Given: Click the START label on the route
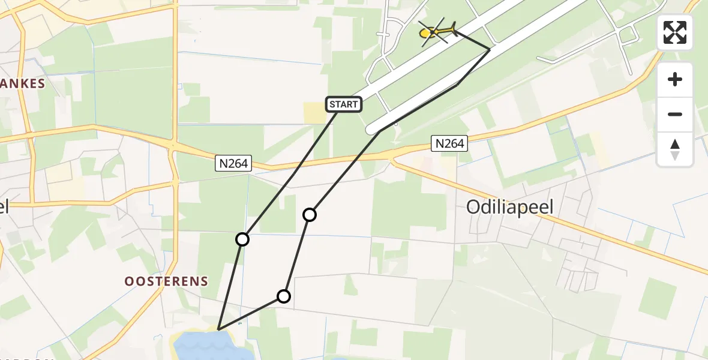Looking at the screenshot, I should [343, 104].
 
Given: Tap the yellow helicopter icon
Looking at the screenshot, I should [436, 31].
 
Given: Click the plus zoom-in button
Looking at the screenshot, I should [675, 79].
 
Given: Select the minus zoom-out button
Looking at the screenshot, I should [675, 114].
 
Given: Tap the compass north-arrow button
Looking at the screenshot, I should [675, 149].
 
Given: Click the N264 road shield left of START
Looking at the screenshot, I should [233, 163].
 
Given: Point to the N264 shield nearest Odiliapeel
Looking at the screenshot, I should [449, 143].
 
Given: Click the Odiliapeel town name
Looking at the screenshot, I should [509, 207].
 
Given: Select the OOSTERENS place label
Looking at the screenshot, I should [166, 281].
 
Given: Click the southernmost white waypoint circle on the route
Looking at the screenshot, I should [284, 296].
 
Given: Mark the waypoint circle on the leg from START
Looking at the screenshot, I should [242, 239].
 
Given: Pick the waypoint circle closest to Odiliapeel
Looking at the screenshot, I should [309, 214].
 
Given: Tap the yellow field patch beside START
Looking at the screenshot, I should [314, 113].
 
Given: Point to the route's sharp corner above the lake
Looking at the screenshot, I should [219, 329].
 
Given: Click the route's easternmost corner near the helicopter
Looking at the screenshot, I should [490, 50].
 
